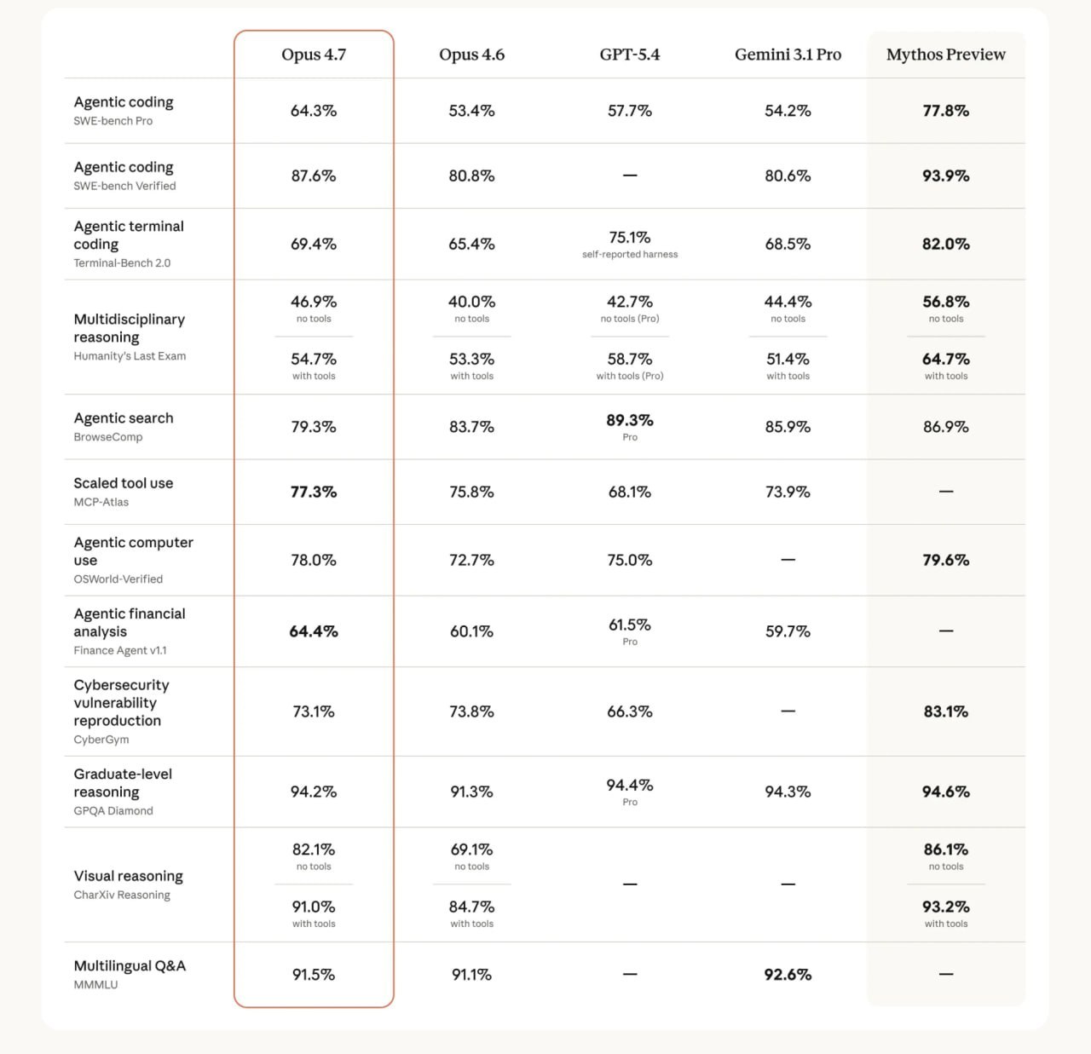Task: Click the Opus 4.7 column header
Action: point(314,55)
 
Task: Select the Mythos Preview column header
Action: point(945,55)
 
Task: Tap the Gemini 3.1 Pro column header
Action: point(788,55)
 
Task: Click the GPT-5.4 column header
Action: point(629,55)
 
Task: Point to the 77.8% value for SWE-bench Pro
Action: point(945,111)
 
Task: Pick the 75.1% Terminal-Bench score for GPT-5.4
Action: point(630,237)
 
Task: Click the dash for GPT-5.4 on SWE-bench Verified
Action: point(630,176)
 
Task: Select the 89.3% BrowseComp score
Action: point(630,420)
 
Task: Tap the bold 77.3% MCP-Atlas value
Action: point(314,492)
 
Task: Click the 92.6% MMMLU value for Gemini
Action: point(788,974)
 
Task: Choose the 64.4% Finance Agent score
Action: point(314,631)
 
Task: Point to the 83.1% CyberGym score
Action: point(945,711)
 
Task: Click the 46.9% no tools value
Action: point(314,302)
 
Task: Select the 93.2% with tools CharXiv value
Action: point(945,907)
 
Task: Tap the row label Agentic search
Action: point(124,418)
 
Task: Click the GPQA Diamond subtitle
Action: point(113,811)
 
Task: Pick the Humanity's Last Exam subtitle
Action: point(130,356)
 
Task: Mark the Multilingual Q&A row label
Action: point(130,965)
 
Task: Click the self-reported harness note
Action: point(630,255)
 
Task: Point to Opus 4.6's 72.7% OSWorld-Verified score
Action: point(471,560)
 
